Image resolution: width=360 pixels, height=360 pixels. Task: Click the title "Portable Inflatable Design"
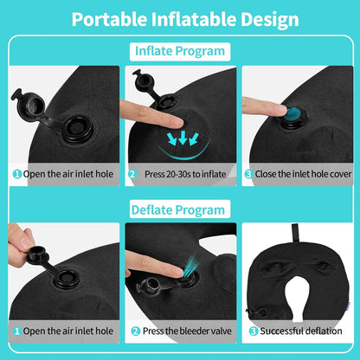[179, 19]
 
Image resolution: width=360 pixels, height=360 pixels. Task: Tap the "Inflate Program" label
[180, 52]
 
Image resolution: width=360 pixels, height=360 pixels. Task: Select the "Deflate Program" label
[180, 209]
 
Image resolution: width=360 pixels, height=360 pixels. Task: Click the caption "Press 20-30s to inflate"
[186, 173]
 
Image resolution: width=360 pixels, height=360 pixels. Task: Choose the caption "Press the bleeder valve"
[185, 331]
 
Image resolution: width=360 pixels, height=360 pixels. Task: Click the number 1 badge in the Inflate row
[16, 173]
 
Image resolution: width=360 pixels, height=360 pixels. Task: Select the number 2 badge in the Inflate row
[133, 173]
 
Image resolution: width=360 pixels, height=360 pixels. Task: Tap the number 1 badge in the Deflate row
[16, 331]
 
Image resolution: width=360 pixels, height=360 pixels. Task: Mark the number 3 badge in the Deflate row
[252, 331]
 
